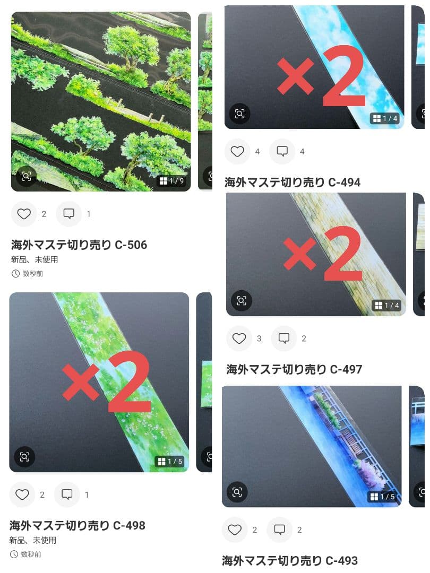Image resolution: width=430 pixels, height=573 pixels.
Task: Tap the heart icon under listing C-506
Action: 24,214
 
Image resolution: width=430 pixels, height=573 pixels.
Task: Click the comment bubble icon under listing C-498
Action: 67,494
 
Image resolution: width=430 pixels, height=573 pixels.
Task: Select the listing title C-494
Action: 293,182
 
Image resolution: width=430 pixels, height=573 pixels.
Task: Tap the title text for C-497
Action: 294,369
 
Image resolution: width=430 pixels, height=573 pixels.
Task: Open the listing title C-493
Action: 290,560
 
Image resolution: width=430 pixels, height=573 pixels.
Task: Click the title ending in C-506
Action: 79,245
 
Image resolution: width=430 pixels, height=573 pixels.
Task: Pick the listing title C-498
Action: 77,525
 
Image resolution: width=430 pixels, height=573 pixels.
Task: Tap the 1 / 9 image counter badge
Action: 172,181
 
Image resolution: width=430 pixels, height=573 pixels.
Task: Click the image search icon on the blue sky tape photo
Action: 239,114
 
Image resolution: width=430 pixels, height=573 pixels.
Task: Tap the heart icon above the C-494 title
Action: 237,151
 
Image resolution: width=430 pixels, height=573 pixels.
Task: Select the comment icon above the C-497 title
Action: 283,338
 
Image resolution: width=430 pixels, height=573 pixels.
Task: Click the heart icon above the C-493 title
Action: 235,529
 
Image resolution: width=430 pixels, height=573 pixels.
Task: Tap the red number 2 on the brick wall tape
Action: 342,253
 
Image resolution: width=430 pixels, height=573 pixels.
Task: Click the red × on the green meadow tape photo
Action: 81,381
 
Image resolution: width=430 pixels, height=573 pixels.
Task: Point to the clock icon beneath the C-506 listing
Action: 15,274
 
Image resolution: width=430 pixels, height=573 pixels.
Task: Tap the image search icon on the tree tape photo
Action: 27,177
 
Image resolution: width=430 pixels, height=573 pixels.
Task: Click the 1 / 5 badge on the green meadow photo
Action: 170,462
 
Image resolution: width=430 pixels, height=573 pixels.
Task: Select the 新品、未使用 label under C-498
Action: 32,540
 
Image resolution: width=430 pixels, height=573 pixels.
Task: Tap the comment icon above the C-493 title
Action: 279,529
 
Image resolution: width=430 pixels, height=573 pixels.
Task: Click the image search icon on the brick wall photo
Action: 242,301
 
